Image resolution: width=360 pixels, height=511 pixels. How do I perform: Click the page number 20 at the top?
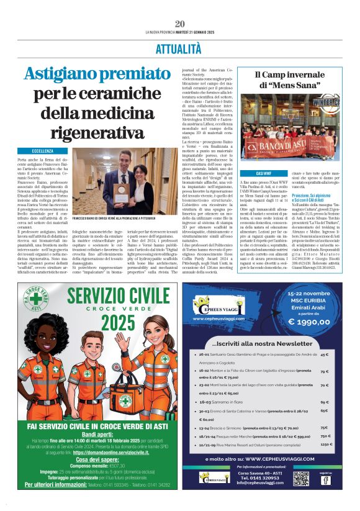[x=180, y=24]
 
